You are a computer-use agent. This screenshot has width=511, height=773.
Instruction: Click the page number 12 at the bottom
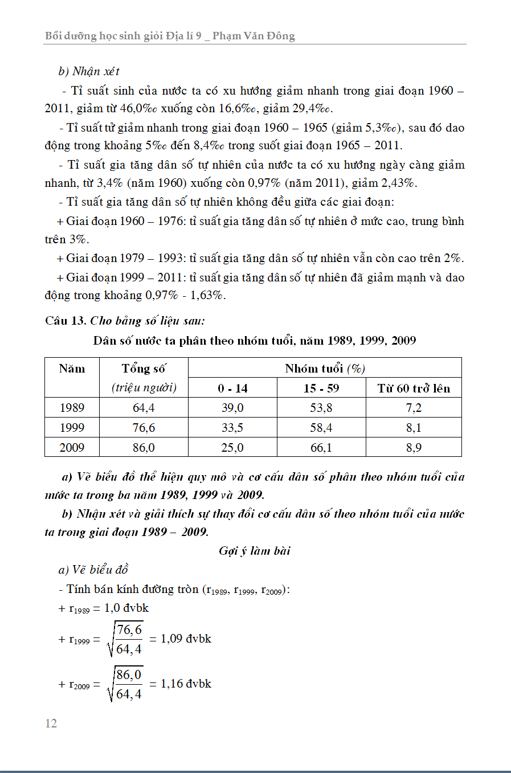(x=51, y=723)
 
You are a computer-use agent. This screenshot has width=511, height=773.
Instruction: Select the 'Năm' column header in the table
(x=72, y=369)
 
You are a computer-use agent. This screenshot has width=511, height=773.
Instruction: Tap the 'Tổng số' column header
(x=144, y=369)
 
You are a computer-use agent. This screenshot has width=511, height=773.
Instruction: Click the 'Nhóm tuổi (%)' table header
(x=325, y=368)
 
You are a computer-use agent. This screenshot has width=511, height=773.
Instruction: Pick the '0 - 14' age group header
(x=232, y=388)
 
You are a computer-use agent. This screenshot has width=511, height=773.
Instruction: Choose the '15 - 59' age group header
(x=321, y=388)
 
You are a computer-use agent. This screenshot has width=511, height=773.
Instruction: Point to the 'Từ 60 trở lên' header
(x=414, y=388)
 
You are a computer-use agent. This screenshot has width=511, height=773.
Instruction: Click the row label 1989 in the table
(x=72, y=408)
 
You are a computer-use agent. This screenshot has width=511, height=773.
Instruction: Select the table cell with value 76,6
(x=144, y=428)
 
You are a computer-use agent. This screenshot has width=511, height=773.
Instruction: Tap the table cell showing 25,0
(x=232, y=448)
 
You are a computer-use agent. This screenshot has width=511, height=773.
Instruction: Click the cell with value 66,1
(x=321, y=448)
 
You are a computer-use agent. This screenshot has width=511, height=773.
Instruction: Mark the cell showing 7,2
(x=414, y=408)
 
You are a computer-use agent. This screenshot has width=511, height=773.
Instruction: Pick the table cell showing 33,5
(x=232, y=428)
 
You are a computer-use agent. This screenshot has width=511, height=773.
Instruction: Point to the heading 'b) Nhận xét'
(x=89, y=71)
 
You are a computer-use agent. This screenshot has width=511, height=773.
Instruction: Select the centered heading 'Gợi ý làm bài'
(x=255, y=551)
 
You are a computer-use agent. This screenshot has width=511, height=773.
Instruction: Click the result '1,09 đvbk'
(x=186, y=639)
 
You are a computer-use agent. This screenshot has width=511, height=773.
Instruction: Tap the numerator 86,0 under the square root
(x=129, y=675)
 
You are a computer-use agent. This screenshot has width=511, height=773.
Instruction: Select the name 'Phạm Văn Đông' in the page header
(x=254, y=36)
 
